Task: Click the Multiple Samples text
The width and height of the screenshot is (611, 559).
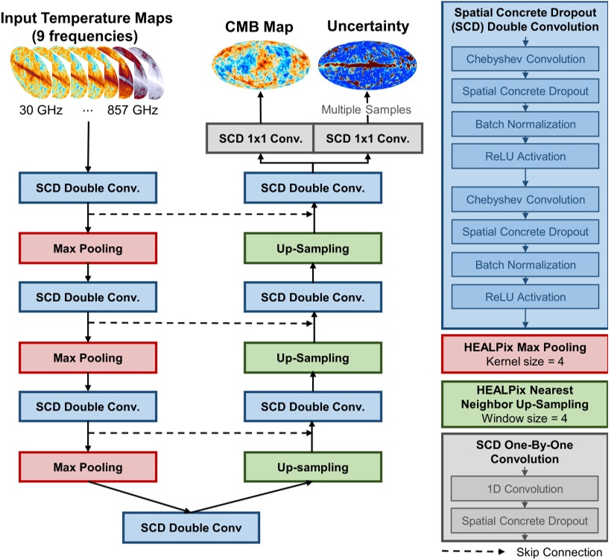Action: pos(366,110)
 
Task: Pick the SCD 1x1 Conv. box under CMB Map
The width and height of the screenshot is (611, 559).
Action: pos(260,139)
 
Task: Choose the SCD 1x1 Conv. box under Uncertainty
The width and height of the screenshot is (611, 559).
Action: pos(367,139)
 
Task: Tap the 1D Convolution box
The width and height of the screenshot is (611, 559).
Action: pos(525,489)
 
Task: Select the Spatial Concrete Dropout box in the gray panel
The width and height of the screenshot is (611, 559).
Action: pos(525,521)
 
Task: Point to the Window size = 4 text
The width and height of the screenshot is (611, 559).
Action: pos(525,418)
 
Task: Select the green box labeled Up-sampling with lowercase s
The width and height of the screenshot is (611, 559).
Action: pos(313,467)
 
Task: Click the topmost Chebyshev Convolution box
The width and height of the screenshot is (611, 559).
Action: pos(525,59)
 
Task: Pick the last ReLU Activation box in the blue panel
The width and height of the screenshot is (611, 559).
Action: pos(525,297)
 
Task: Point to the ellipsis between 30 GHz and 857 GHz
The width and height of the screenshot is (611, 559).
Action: pos(88,110)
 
